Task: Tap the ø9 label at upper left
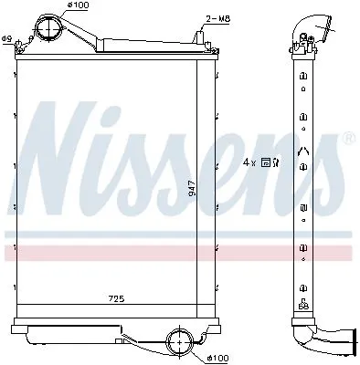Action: tap(6, 38)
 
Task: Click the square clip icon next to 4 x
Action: tap(265, 162)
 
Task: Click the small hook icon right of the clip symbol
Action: tap(276, 162)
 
